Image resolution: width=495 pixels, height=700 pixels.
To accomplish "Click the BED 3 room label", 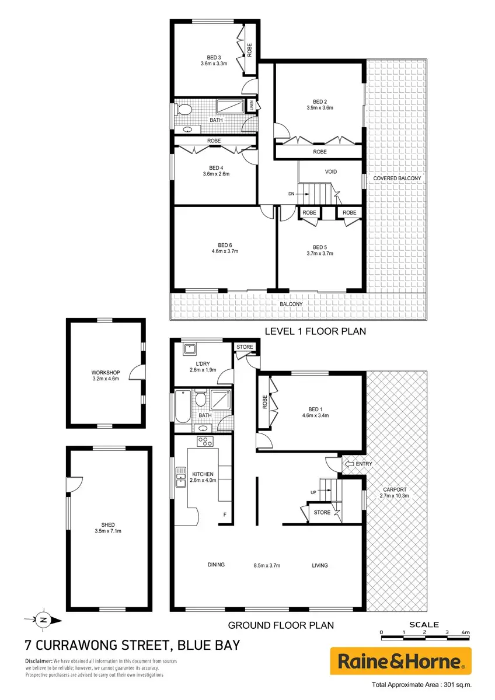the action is (214, 58).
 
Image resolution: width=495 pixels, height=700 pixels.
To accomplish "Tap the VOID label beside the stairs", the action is (331, 171).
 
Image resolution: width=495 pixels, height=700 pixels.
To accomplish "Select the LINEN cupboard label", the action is (252, 106).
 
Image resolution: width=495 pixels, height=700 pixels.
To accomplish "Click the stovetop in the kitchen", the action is (205, 441).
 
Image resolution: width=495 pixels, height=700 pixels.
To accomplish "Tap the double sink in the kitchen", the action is (180, 477).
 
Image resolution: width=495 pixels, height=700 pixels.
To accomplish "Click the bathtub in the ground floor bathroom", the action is (183, 407).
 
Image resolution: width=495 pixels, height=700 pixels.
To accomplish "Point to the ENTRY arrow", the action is (348, 464).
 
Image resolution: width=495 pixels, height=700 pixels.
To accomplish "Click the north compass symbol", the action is (43, 620).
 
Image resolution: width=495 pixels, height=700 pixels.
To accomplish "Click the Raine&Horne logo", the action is (401, 661).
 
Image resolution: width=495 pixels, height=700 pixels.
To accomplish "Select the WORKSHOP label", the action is (106, 373).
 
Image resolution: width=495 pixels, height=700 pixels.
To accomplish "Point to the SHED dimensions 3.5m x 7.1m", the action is (108, 531).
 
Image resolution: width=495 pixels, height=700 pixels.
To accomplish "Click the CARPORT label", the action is (395, 489).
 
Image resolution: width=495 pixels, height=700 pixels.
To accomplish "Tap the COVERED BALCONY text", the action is (397, 178).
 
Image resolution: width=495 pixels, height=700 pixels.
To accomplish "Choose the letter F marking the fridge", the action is (225, 514).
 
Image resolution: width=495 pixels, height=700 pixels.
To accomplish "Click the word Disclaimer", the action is (39, 661).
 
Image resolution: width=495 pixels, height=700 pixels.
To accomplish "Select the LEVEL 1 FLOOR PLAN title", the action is (315, 331).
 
